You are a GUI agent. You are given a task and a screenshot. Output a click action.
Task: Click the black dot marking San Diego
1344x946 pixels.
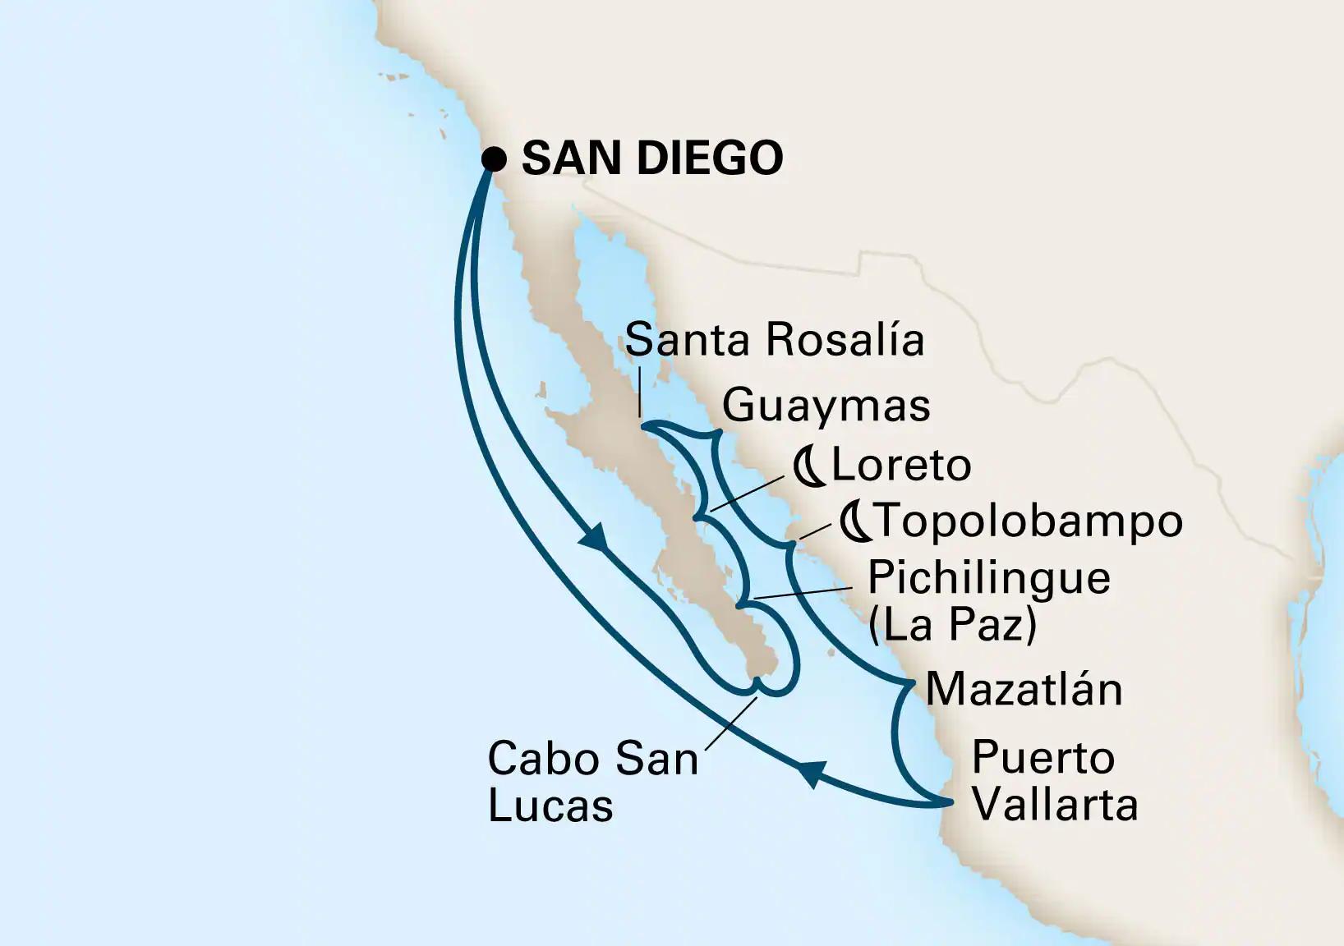pyautogui.click(x=493, y=158)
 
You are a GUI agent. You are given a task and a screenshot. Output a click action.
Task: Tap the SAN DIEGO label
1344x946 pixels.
pyautogui.click(x=651, y=158)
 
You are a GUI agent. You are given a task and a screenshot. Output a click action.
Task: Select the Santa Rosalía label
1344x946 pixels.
pyautogui.click(x=774, y=340)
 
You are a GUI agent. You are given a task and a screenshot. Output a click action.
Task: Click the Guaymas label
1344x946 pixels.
pyautogui.click(x=826, y=405)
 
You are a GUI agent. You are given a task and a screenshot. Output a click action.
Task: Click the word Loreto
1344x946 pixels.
pyautogui.click(x=901, y=466)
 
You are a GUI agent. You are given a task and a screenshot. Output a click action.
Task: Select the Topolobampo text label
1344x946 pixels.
pyautogui.click(x=1028, y=521)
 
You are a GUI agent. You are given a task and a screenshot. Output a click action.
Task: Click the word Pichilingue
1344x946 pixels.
pyautogui.click(x=988, y=578)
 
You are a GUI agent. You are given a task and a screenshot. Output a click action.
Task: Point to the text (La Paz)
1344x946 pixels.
pyautogui.click(x=952, y=625)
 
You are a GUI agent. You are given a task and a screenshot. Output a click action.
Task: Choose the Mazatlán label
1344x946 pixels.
pyautogui.click(x=1024, y=689)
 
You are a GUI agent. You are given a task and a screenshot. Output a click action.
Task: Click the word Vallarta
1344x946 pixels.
pyautogui.click(x=1055, y=804)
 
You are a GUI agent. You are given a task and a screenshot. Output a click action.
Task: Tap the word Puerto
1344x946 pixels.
pyautogui.click(x=1043, y=757)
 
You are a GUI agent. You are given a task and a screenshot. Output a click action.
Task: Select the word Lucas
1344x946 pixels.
pyautogui.click(x=550, y=806)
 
